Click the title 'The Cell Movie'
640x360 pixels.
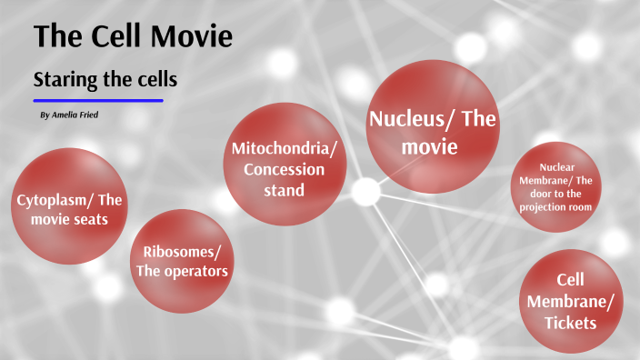coord(133,36)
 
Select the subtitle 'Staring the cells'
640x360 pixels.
coord(105,80)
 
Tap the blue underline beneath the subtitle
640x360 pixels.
coord(98,101)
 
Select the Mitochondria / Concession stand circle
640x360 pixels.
coord(288,164)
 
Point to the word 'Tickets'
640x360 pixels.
coord(570,323)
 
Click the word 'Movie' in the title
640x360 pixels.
coord(189,36)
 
